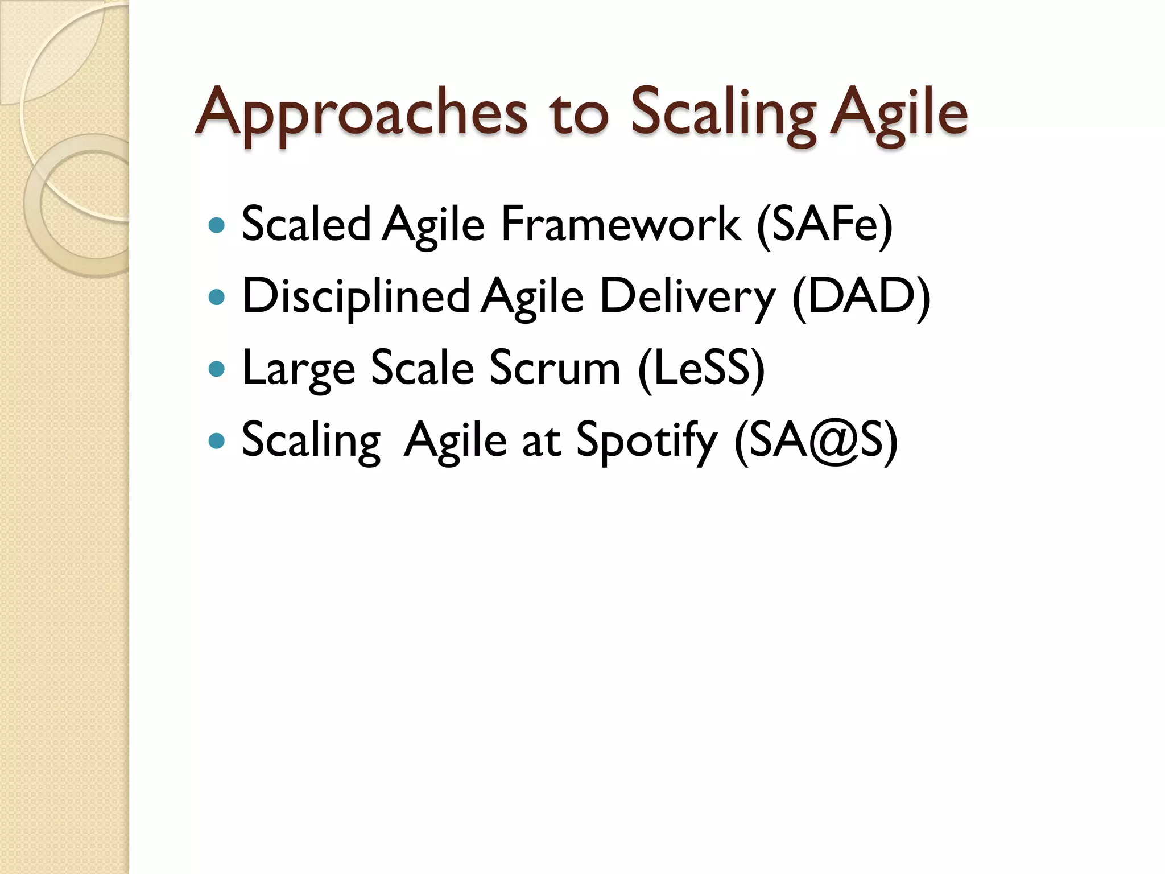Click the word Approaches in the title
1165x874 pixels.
361,114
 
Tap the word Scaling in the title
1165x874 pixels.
723,114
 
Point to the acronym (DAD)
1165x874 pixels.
861,296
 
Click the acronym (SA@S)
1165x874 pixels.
816,440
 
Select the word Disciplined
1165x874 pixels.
356,296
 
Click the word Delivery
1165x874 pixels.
688,296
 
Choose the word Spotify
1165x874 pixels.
647,440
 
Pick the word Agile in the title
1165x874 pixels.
898,114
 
